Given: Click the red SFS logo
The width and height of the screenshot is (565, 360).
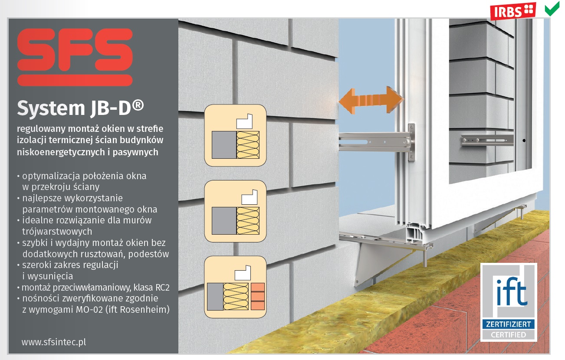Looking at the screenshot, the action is coord(75,57).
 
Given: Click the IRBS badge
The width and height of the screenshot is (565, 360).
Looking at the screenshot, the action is coord(513,11).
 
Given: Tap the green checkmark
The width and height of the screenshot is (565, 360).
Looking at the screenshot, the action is coord(552,10).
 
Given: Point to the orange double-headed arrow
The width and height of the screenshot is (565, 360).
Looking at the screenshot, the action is coord(371,100).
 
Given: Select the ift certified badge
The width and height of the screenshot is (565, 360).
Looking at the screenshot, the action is coord(509,302).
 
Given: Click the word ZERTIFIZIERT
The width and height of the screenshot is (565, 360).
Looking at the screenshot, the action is coord(509,324).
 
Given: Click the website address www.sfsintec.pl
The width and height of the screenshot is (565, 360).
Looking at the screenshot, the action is coord(54,342).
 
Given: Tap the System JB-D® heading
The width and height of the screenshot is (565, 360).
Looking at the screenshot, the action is coord(80,108).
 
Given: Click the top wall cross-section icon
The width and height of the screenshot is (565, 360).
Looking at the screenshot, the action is coord(235,135).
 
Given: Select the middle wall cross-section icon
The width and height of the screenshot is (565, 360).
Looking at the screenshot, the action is coord(235,211).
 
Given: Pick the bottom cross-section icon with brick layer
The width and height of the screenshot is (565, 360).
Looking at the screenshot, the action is coord(235,287).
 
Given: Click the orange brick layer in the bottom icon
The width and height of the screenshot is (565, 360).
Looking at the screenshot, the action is coord(258,297).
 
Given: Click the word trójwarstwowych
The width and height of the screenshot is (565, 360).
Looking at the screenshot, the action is coord(57,232).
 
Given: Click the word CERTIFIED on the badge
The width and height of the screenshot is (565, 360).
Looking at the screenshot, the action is coord(509,335).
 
